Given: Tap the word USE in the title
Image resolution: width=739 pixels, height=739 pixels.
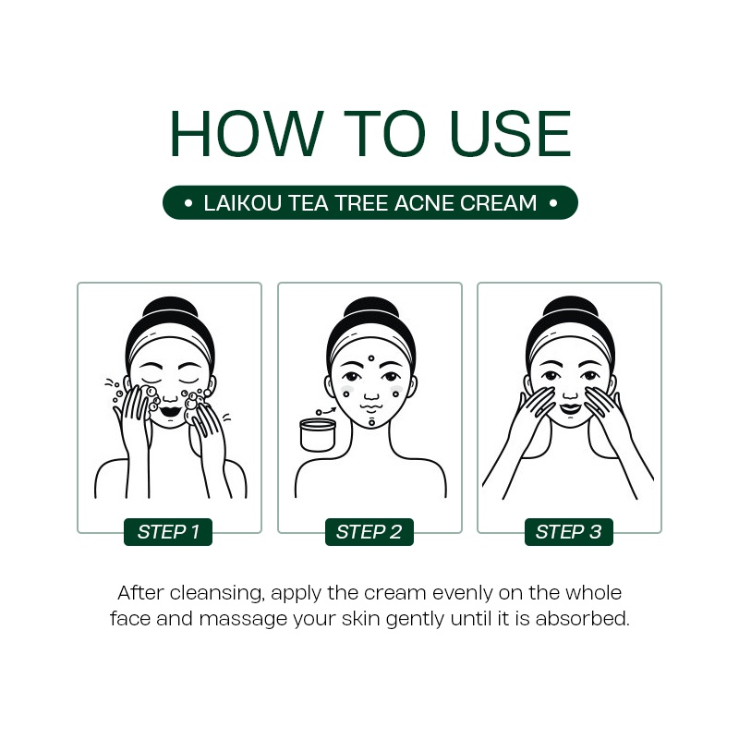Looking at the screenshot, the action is [511, 133].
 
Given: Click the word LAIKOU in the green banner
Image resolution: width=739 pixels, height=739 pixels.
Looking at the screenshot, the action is [242, 203].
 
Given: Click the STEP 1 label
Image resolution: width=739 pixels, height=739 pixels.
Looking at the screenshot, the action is [168, 532].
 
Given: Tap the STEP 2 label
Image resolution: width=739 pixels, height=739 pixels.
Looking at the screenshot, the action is [369, 532].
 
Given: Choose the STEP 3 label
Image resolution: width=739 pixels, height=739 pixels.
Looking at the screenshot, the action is [569, 532].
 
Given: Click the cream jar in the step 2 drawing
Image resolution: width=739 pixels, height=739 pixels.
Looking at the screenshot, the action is [318, 434].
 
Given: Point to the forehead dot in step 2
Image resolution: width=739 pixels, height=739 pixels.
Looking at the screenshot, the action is [371, 358].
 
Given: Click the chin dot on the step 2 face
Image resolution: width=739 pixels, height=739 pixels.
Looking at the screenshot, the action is [372, 423].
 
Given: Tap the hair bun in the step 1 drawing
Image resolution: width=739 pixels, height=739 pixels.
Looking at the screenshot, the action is [170, 310].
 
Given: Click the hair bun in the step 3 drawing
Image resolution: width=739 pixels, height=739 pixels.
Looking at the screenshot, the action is [570, 310].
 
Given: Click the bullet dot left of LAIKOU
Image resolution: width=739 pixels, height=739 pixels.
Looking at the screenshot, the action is [188, 203].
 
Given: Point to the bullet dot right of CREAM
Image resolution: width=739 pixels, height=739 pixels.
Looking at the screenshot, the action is [553, 203].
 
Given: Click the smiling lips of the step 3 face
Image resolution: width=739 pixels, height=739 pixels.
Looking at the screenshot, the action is [570, 408].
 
